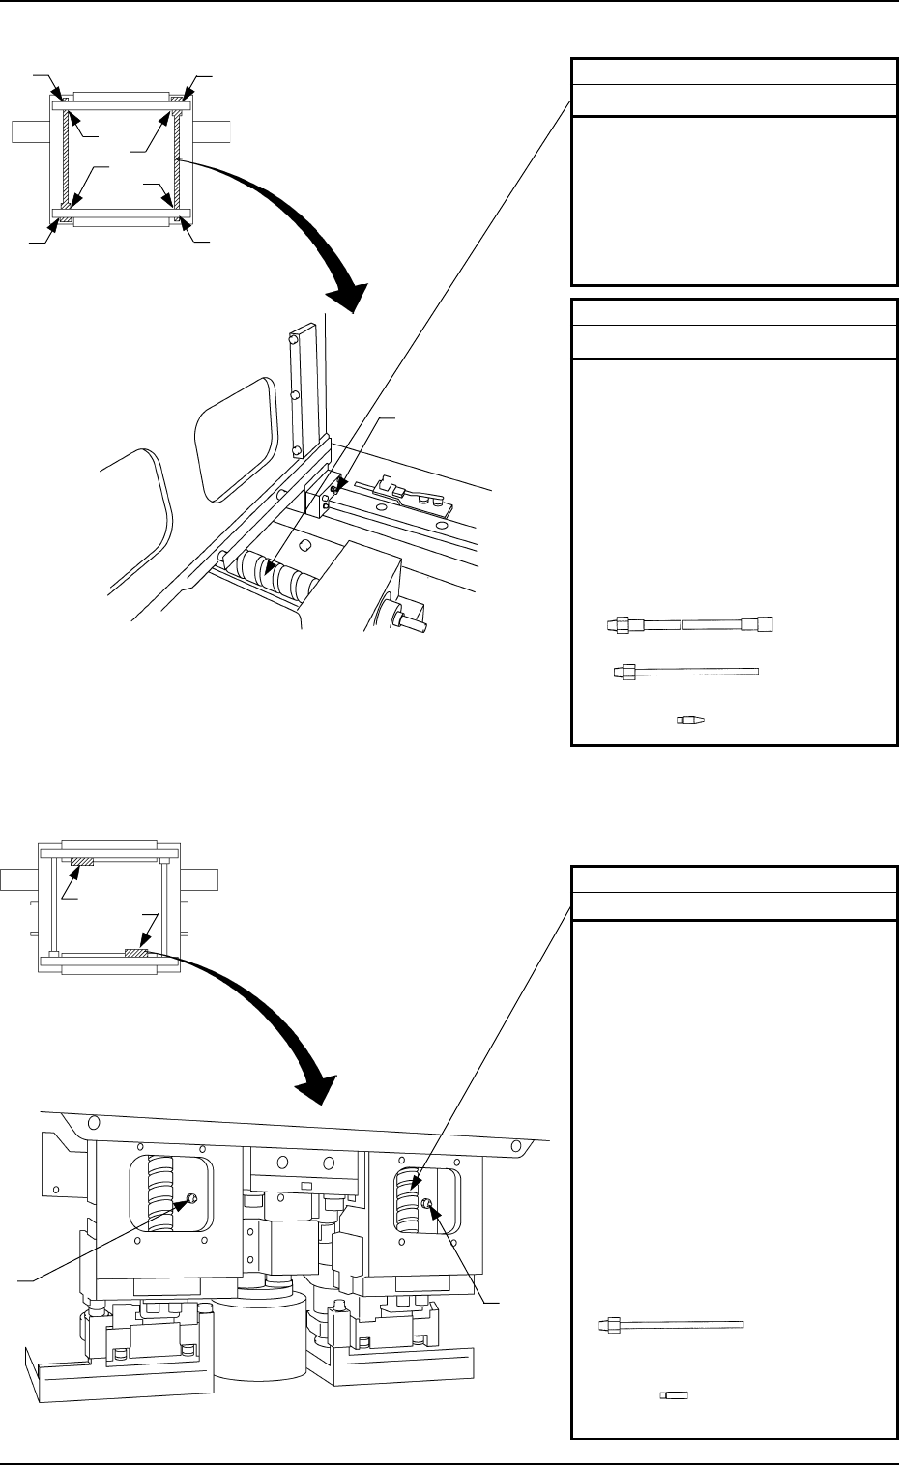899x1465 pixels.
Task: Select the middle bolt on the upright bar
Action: [x=294, y=395]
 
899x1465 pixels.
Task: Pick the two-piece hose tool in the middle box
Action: [x=690, y=625]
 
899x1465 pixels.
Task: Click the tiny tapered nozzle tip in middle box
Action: [x=691, y=719]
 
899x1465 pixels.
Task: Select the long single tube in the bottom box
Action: [x=672, y=1323]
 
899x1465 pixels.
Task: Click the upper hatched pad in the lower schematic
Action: [x=80, y=859]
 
